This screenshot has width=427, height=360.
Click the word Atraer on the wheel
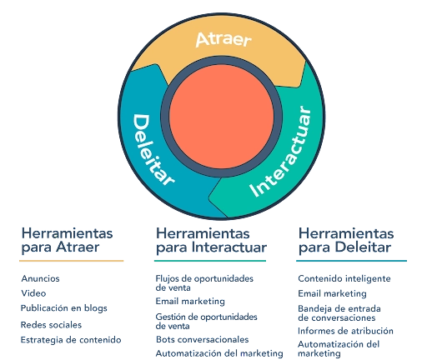point(224,39)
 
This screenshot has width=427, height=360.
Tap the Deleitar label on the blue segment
point(153,150)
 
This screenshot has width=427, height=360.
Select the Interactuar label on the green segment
point(281,152)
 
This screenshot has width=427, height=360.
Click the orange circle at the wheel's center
point(222,117)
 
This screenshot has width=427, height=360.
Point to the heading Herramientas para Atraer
point(68,240)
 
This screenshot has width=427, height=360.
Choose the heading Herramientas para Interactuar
point(211,240)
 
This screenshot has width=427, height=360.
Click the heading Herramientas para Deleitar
point(346,240)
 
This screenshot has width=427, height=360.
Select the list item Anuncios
point(40,278)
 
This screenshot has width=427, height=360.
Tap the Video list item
point(33,293)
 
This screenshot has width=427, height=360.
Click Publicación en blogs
point(64,308)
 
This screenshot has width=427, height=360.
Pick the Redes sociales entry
point(51,325)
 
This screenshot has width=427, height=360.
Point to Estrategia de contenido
point(71,340)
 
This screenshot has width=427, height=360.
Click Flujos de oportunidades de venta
point(204,282)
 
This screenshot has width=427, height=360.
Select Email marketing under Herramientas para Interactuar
point(190,302)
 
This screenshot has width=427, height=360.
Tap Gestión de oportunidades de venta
point(206,321)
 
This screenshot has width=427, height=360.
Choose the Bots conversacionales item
point(203,339)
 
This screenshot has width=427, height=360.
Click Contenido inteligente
point(344,278)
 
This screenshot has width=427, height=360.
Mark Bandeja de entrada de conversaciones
point(339,313)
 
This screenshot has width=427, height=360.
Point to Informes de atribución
point(345,331)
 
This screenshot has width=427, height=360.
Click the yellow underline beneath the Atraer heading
point(72,261)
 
